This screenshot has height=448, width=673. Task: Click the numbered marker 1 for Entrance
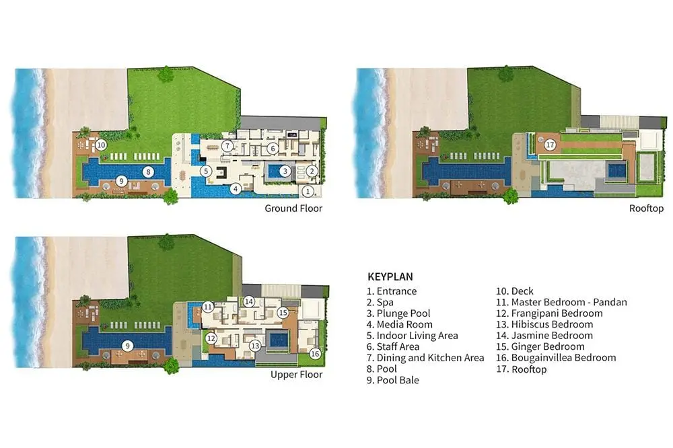click(x=308, y=192)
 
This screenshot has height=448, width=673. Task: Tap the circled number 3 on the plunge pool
click(x=285, y=172)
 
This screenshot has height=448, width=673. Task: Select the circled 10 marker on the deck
click(x=101, y=145)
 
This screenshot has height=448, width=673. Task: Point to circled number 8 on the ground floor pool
click(x=149, y=172)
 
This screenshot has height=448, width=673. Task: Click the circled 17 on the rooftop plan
click(x=550, y=145)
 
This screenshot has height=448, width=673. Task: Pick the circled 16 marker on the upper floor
click(x=315, y=354)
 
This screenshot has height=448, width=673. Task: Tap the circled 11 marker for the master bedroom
click(x=208, y=307)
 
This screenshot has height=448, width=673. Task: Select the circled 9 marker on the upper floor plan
click(x=127, y=346)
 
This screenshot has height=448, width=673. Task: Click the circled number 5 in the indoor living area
click(x=206, y=172)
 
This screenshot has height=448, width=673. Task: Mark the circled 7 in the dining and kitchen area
click(x=227, y=146)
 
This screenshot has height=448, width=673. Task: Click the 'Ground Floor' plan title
click(x=293, y=209)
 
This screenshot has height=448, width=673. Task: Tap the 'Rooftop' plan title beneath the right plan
click(x=646, y=209)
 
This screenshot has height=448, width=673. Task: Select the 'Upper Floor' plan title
click(x=297, y=375)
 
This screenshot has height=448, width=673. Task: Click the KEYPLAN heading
click(x=390, y=276)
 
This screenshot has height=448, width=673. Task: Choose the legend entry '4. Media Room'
click(x=400, y=324)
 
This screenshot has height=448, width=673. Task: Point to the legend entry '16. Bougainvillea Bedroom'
click(x=557, y=358)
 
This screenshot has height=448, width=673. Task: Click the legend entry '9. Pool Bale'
click(x=393, y=380)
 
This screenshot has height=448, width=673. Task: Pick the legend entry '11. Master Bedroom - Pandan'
click(x=561, y=302)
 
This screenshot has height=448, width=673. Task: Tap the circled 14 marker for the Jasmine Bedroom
click(x=249, y=301)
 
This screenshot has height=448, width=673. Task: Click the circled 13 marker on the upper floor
click(x=255, y=346)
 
